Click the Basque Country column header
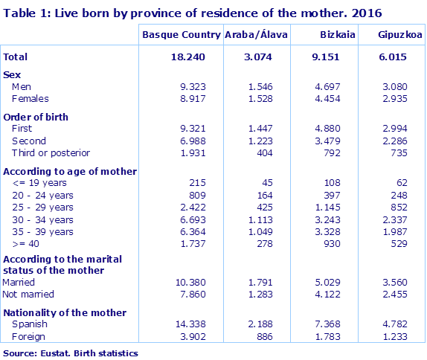(x=181, y=35)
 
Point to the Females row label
(x=30, y=97)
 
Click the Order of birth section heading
(x=36, y=118)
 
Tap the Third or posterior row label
(x=51, y=152)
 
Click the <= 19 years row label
(x=40, y=183)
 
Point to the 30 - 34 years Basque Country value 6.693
(x=188, y=219)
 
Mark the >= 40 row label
(x=28, y=243)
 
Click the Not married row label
(x=28, y=294)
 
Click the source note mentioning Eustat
(x=71, y=353)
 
